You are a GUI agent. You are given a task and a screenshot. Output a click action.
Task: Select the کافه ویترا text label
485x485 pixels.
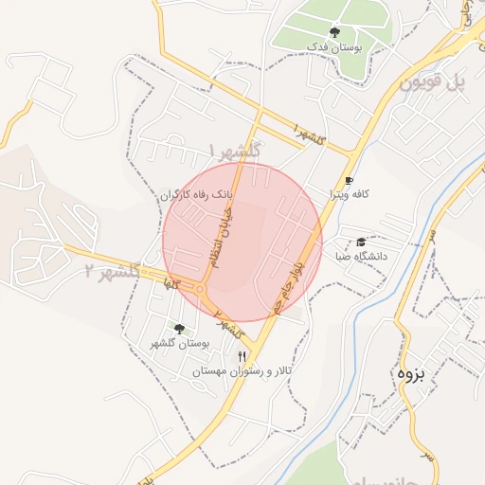point(349,194)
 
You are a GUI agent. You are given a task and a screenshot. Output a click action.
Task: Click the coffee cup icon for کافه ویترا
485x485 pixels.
point(349,180)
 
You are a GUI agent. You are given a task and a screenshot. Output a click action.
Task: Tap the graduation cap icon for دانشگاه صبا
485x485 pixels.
point(362,242)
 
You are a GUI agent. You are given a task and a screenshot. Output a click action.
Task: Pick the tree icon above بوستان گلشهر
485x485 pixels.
point(179,328)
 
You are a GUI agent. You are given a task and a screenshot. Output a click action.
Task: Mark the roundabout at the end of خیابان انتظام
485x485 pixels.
point(200,289)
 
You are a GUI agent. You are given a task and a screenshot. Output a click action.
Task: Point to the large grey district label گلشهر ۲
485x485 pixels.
point(112,273)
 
